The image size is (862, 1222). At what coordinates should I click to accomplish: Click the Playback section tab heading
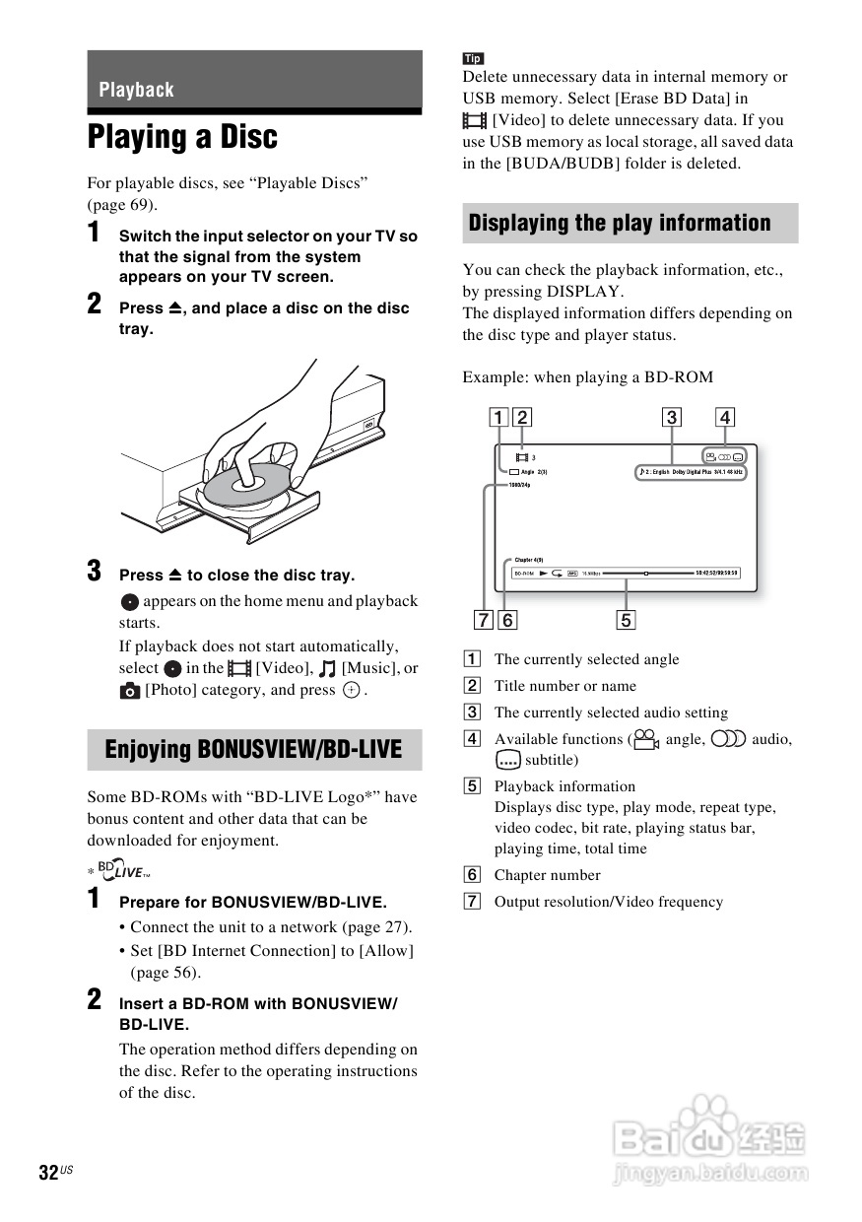point(137,90)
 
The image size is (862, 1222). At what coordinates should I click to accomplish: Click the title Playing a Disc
point(183,137)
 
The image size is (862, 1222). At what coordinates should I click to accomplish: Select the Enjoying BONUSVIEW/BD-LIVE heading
point(253,750)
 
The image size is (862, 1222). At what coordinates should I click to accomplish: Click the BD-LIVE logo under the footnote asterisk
point(123,871)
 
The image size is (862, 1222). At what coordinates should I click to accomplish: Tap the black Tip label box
point(473,58)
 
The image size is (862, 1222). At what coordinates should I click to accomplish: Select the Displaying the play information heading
point(620,223)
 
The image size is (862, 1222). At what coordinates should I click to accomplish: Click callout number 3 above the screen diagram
point(671,417)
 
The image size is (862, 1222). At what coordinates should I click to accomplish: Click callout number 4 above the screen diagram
point(725,417)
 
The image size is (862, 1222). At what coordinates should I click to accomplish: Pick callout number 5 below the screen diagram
point(627,620)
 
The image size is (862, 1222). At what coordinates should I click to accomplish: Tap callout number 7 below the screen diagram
point(483,620)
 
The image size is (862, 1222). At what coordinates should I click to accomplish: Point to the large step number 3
point(95,571)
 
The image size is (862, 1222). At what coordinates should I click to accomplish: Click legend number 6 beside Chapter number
point(473,875)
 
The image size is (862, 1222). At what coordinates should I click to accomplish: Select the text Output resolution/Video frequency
point(608,902)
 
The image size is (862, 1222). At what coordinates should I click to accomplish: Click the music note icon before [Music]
point(327,669)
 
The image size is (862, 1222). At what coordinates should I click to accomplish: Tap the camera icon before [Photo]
point(130,691)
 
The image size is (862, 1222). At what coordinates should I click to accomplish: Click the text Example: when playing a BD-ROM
point(587,377)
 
